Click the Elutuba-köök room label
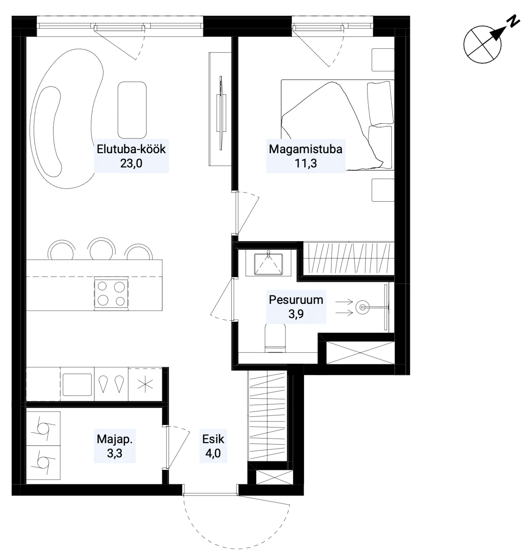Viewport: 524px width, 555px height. [x=131, y=149]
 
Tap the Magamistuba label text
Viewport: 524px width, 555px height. [x=305, y=149]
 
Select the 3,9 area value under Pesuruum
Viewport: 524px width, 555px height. [x=296, y=314]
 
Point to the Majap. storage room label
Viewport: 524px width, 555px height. [x=114, y=439]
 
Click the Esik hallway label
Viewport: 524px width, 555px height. [x=213, y=439]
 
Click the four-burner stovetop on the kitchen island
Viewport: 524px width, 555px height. [x=111, y=293]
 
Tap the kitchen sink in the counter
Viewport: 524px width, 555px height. [x=77, y=385]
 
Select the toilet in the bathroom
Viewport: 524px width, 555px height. [x=275, y=337]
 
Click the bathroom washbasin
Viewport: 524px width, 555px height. [x=268, y=263]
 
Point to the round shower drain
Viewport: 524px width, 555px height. [x=363, y=307]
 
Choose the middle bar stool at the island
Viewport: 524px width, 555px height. [x=101, y=248]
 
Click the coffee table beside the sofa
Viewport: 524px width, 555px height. [x=132, y=110]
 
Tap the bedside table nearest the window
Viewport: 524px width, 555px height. [x=383, y=60]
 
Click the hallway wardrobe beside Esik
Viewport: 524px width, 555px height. [x=268, y=416]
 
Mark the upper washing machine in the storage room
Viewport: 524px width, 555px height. [x=43, y=428]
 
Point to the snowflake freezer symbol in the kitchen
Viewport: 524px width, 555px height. [x=145, y=384]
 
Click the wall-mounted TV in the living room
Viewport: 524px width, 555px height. [x=221, y=113]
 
